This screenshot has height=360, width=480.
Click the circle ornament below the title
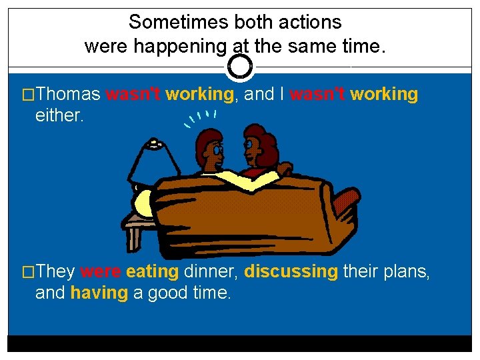click(x=240, y=67)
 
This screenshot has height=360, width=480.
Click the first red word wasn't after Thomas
click(x=133, y=95)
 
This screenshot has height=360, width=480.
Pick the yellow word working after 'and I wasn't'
click(x=384, y=95)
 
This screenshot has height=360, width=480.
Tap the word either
click(x=59, y=115)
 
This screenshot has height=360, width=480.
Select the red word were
click(x=101, y=272)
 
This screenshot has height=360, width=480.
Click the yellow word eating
click(x=152, y=272)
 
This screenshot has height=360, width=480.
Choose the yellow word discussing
click(x=291, y=272)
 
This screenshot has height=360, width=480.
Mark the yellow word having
click(x=99, y=293)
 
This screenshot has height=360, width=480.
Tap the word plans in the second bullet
click(x=405, y=272)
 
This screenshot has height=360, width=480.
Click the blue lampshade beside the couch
click(x=155, y=161)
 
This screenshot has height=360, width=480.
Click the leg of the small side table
click(x=133, y=237)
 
